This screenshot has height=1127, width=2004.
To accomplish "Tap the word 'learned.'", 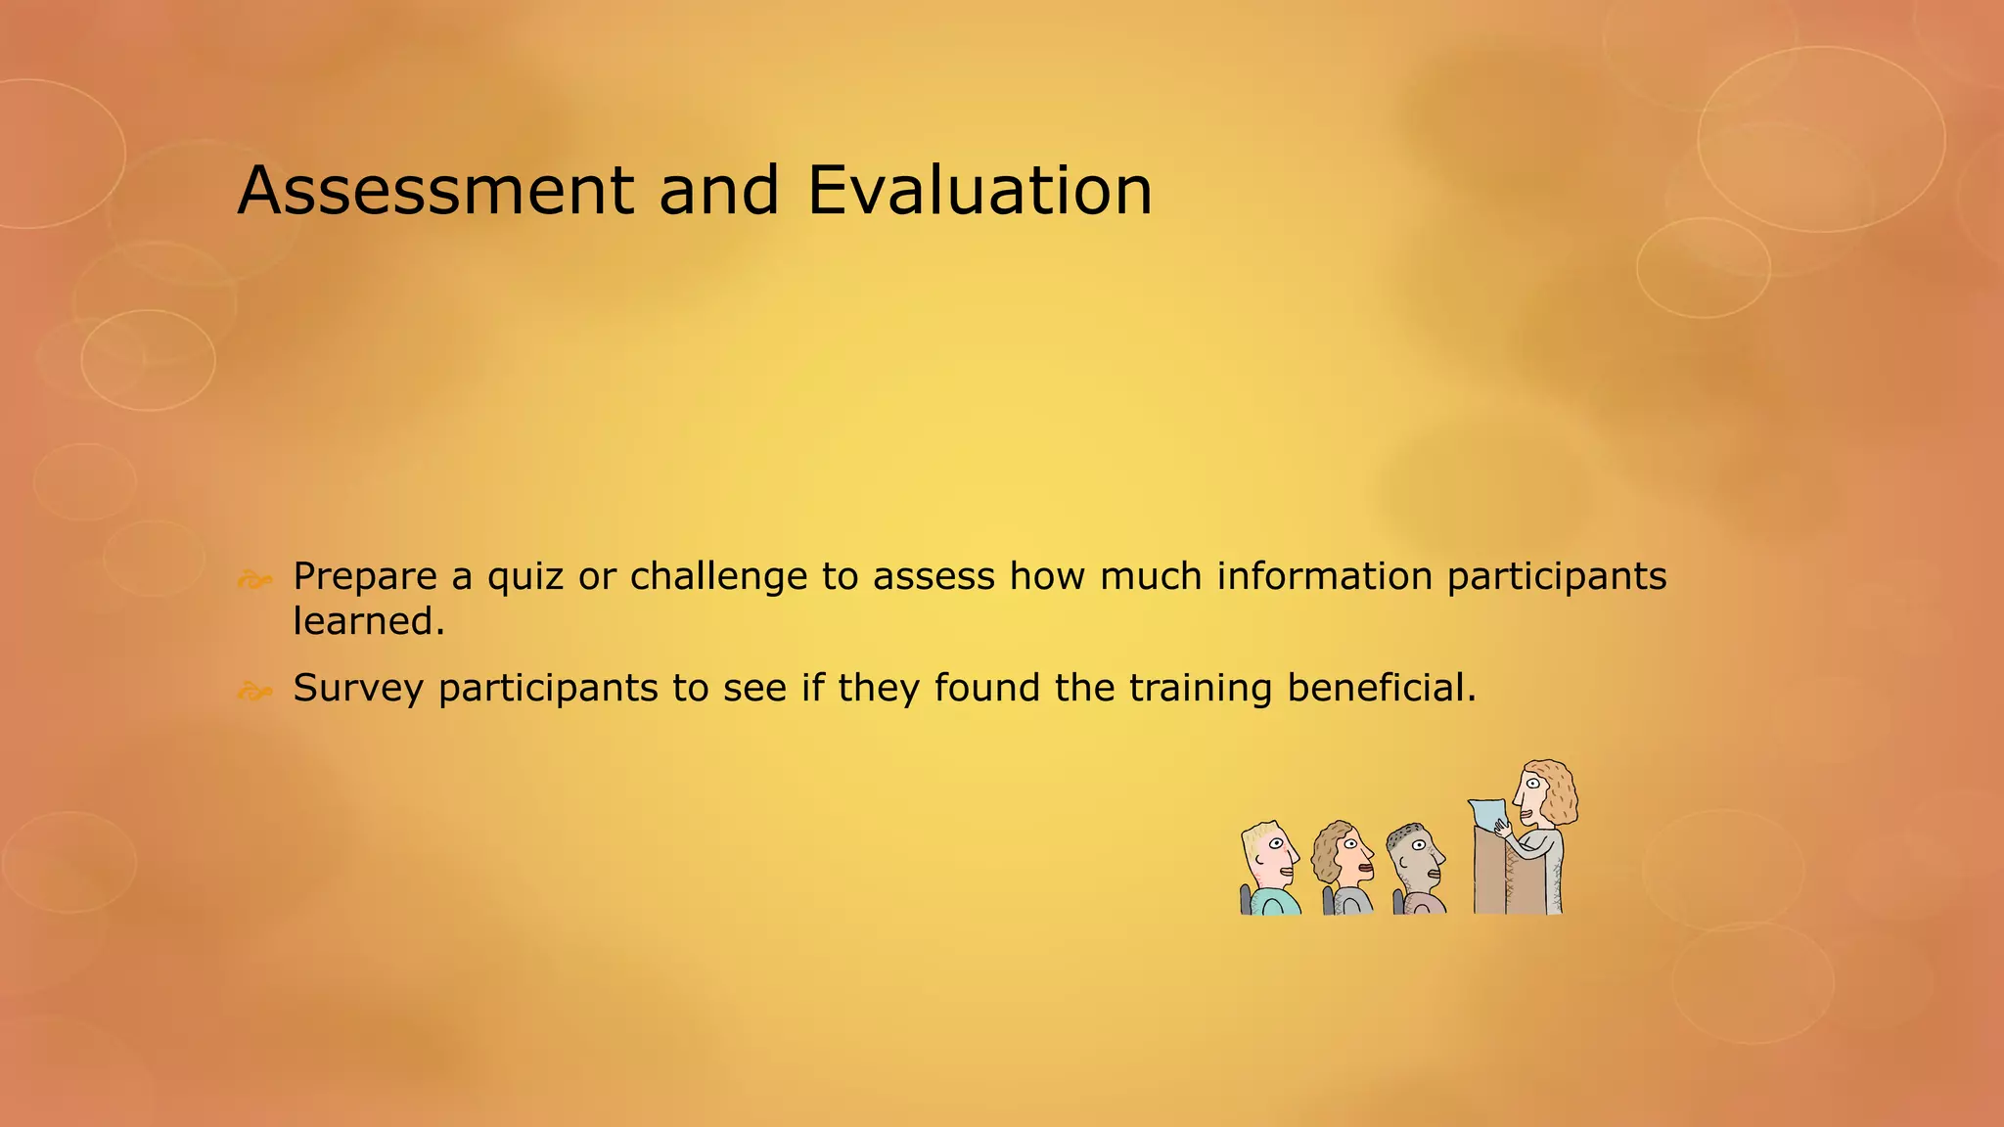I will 369,621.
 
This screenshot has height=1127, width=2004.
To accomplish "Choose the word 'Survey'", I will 358,689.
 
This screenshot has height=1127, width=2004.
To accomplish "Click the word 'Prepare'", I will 365,577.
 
